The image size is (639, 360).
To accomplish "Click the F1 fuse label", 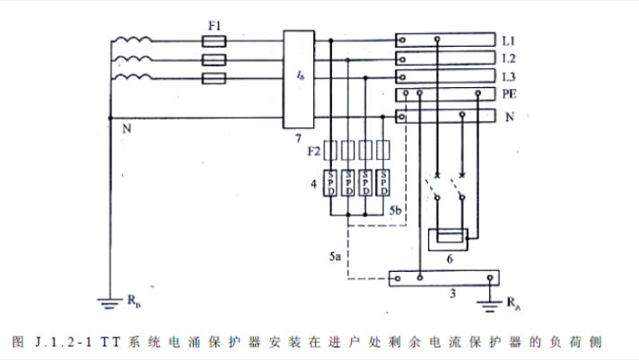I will tap(214, 26).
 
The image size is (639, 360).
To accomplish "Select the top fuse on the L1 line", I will tap(215, 40).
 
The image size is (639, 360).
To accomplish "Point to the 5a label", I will tap(334, 258).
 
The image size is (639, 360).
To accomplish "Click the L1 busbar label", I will tap(509, 41).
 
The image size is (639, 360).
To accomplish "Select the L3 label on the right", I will tap(509, 76).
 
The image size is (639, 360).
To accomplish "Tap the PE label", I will tap(509, 93).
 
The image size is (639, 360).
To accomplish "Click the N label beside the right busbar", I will tap(509, 117).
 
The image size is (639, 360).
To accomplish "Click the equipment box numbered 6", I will tap(446, 240).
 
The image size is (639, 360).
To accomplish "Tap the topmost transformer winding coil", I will tap(132, 40).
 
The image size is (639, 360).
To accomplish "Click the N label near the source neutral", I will tap(126, 128).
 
